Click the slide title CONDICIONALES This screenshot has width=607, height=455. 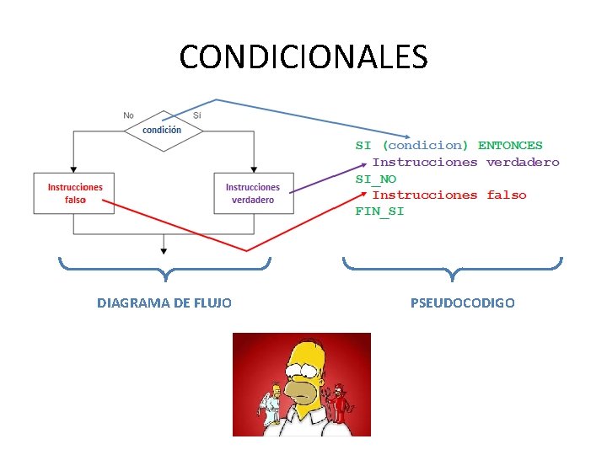(303, 56)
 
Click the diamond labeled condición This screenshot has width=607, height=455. (163, 130)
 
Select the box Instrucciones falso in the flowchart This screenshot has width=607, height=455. (74, 193)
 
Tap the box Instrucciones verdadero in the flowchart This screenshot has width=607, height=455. (253, 193)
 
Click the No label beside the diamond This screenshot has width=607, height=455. (128, 115)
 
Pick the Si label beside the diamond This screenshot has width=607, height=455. (196, 115)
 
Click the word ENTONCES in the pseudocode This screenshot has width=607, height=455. (510, 146)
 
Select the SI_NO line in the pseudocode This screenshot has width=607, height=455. (375, 179)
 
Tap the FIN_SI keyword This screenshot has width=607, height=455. (379, 211)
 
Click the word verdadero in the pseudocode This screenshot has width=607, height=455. (523, 162)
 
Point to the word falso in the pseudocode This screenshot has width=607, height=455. (507, 195)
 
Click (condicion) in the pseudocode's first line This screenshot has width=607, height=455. (425, 146)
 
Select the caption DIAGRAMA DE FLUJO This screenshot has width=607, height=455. (164, 302)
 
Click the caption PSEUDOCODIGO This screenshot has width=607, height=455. (462, 302)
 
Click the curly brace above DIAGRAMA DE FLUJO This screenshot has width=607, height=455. (165, 268)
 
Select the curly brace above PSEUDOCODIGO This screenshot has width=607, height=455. (453, 268)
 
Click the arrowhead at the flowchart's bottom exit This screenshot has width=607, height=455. (164, 250)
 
